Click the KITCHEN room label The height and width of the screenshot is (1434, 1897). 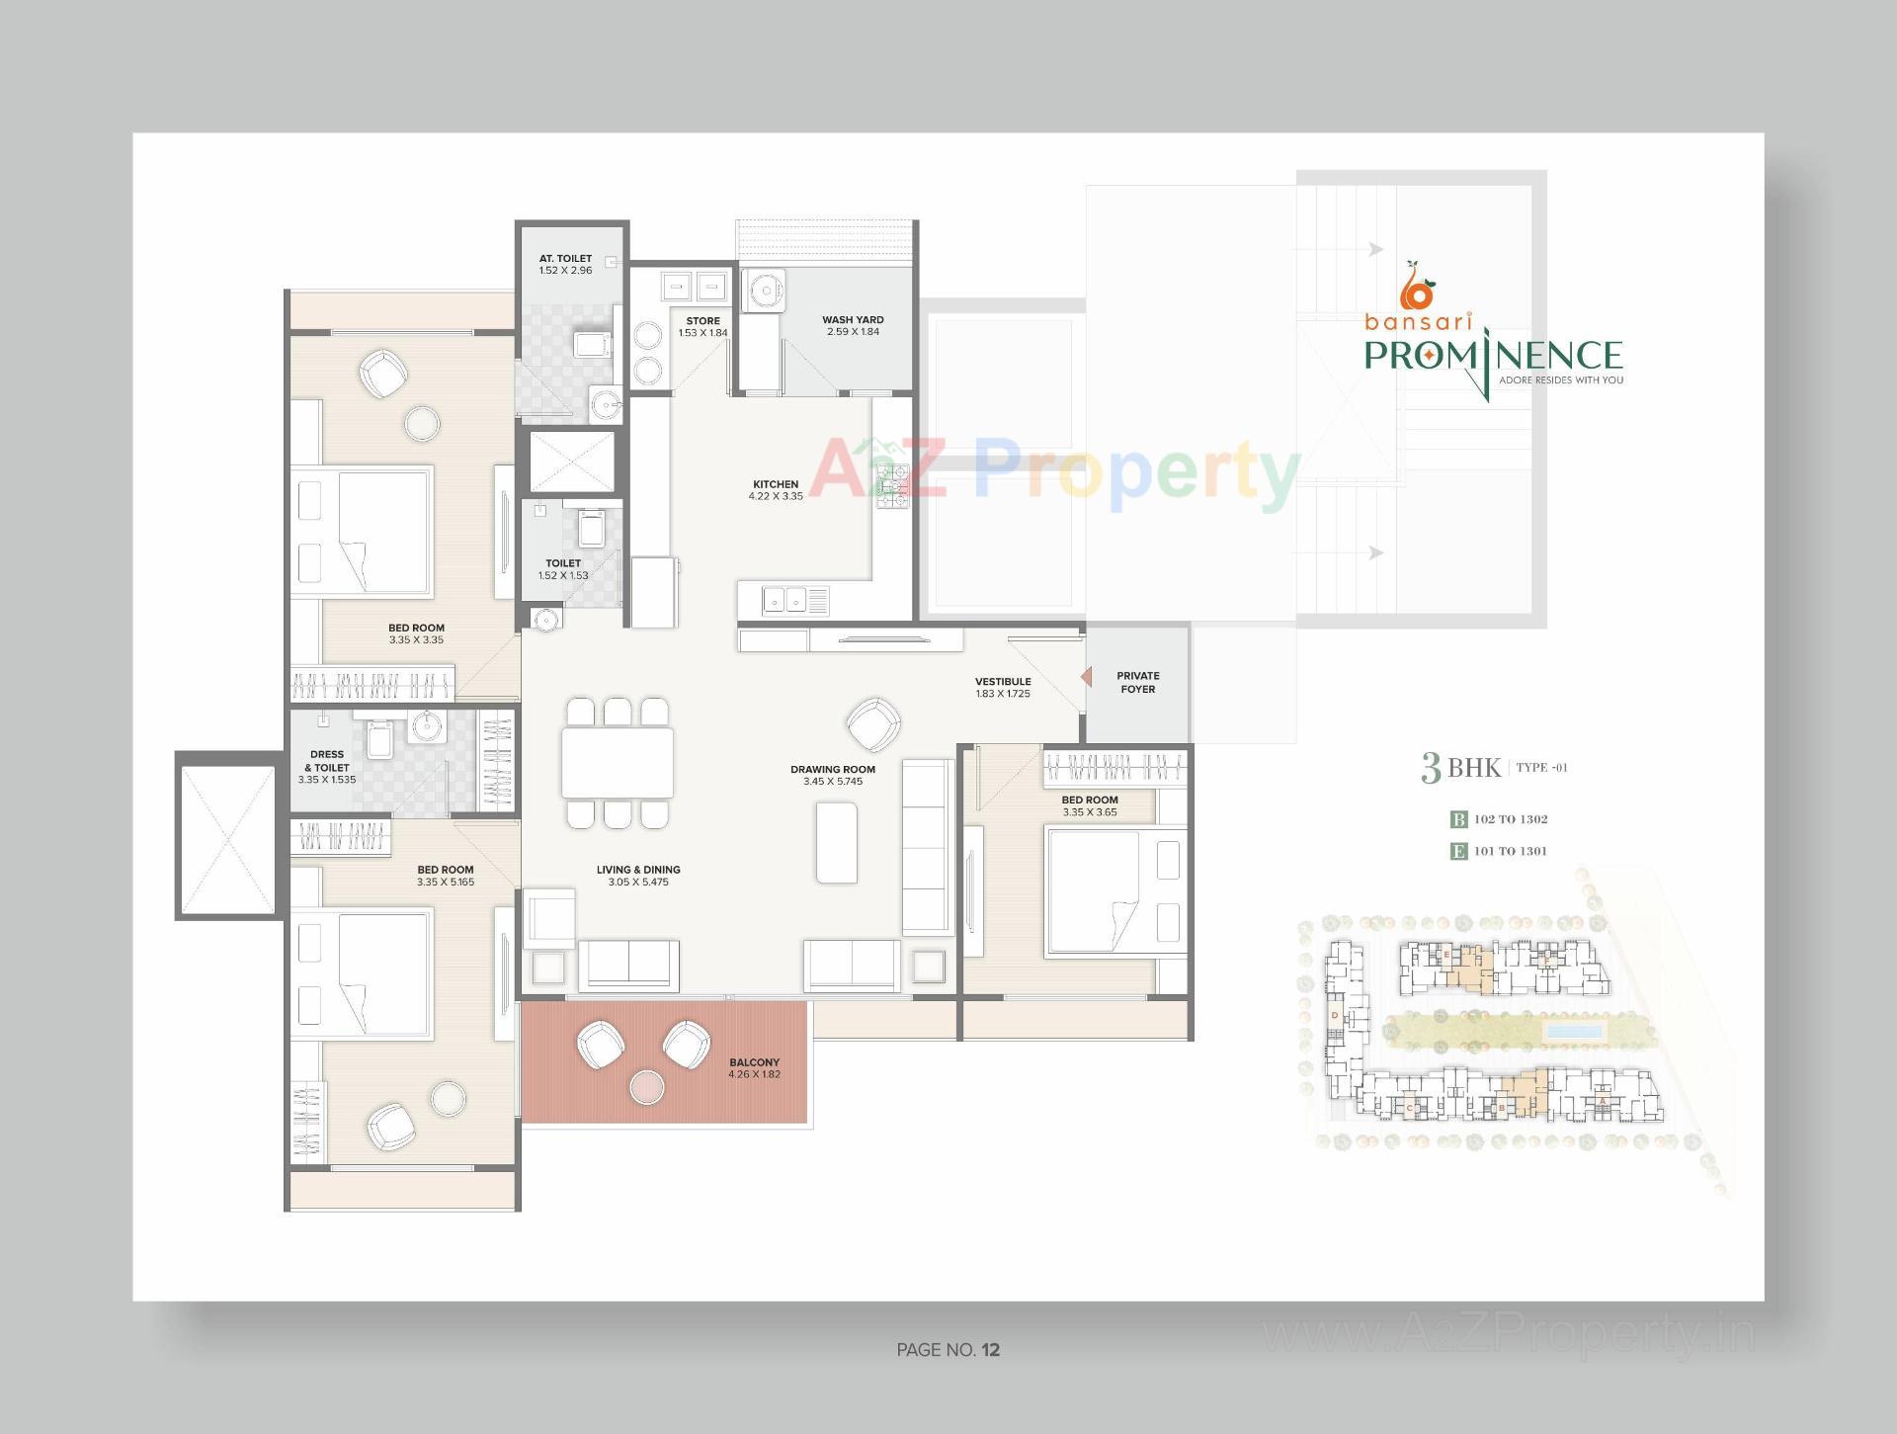pos(776,484)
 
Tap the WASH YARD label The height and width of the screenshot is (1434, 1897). pos(853,319)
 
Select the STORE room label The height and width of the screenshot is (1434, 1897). pos(702,320)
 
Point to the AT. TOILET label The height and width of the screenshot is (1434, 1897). pos(565,258)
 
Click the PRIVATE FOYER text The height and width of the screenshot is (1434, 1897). pos(1137,682)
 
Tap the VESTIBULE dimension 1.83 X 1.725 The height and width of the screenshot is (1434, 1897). pos(1003,694)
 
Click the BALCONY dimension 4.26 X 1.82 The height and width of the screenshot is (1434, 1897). pos(754,1074)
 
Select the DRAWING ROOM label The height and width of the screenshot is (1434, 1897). pos(832,769)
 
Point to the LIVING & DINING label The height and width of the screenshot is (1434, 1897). pos(638,870)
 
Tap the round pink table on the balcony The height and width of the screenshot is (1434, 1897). pos(647,1087)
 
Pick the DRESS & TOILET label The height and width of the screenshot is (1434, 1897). pos(327,760)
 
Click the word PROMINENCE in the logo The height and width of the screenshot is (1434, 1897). pos(1493,356)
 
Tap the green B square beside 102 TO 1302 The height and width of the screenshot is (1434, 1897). pos(1458,819)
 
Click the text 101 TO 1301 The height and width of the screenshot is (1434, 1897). pos(1510,851)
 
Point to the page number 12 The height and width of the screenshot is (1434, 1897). pos(991,1350)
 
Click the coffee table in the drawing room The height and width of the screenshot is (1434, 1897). pos(836,842)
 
